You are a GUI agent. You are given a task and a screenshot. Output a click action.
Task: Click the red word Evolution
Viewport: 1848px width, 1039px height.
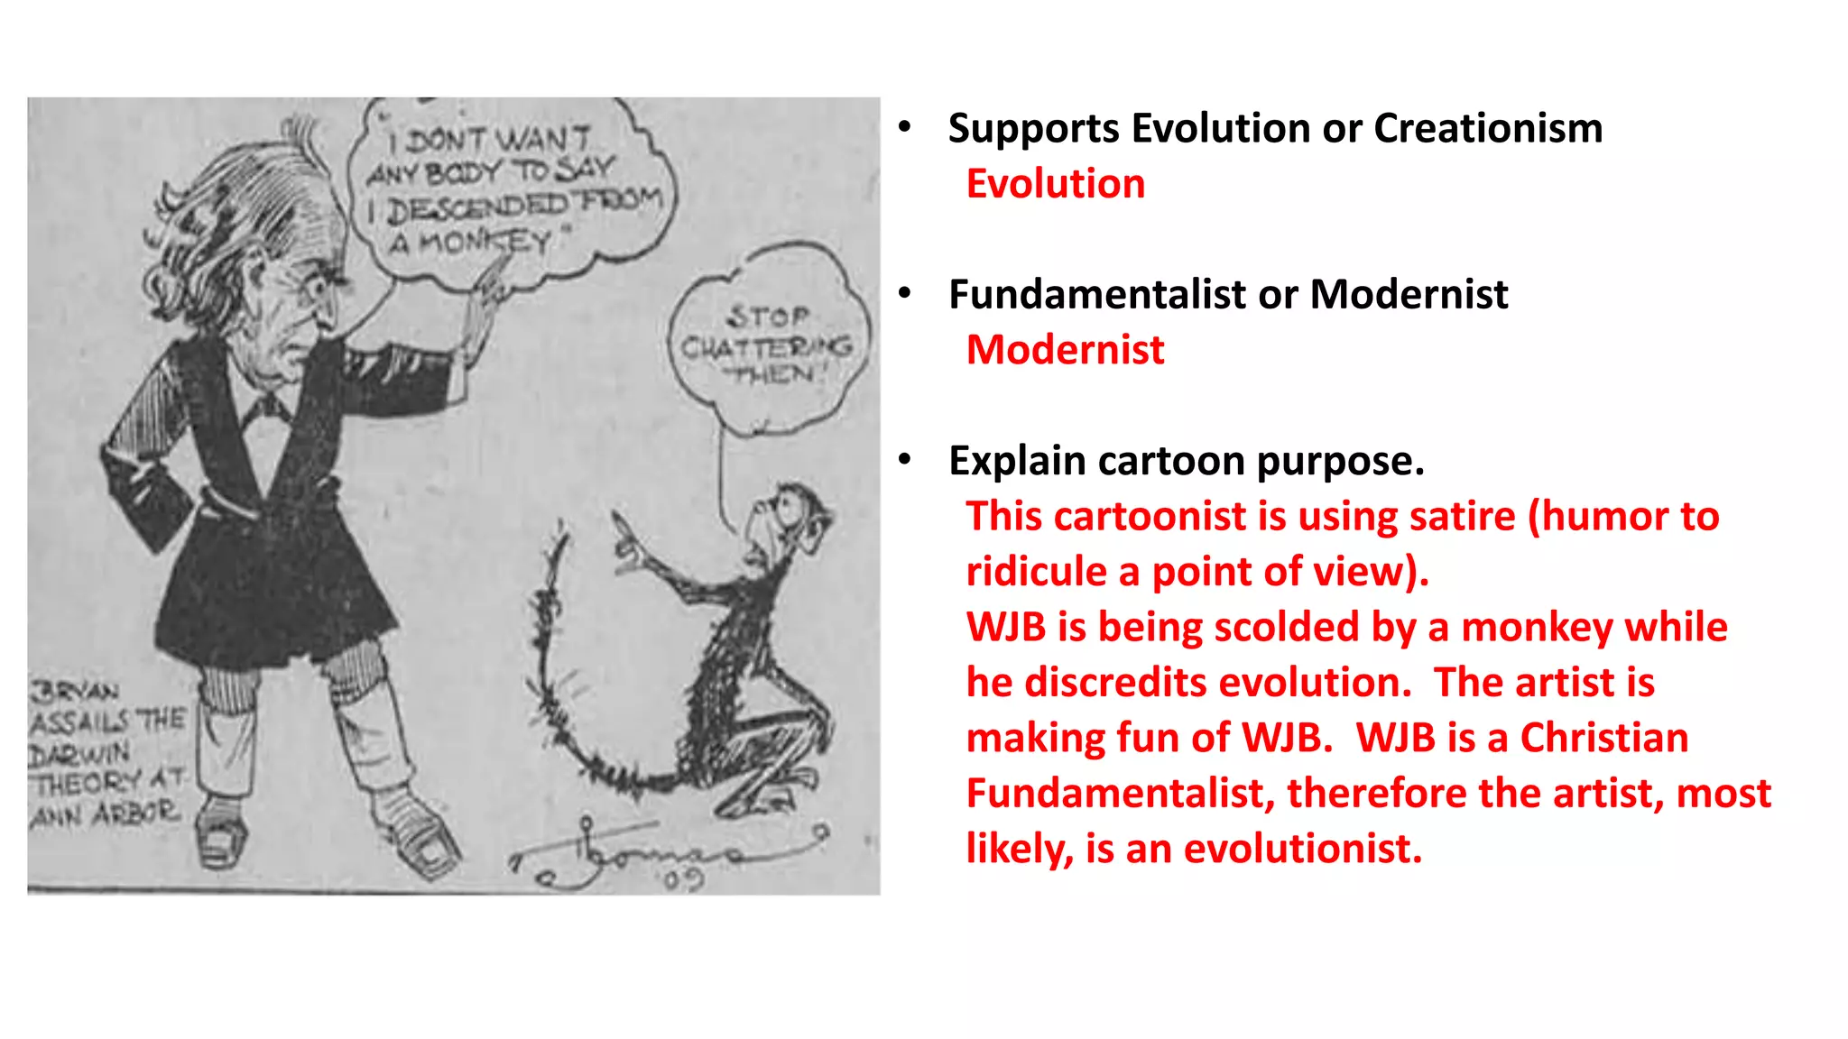(1055, 184)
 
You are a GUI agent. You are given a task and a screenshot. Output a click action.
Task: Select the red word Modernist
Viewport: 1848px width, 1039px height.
(1065, 350)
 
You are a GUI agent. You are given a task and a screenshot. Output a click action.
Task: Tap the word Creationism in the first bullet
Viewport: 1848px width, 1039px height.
(1488, 128)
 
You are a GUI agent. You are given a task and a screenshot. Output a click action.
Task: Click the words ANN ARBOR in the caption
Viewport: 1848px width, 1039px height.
(104, 814)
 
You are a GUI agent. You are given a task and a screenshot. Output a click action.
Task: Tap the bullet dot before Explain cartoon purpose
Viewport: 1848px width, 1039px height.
(905, 460)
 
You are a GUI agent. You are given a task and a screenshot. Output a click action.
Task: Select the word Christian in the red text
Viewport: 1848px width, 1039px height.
(1603, 738)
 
